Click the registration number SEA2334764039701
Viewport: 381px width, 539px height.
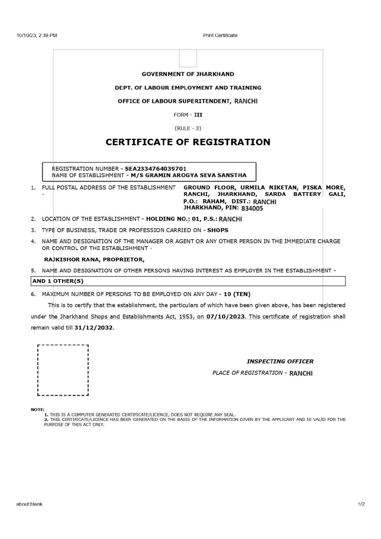tap(155, 169)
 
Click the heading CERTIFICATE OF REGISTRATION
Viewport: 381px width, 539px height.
tap(188, 142)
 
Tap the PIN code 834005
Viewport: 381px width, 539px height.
tap(252, 208)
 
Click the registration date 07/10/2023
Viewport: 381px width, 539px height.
tap(226, 317)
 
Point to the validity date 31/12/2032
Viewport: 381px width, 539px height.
tap(93, 328)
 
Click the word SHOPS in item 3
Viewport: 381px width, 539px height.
tap(218, 230)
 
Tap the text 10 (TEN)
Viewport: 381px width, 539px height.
tap(237, 294)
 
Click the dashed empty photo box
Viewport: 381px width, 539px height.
tap(63, 370)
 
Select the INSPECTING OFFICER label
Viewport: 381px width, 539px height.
tap(280, 361)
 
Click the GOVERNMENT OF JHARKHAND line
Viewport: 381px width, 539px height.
tap(188, 74)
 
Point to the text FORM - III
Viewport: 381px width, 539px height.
tap(188, 115)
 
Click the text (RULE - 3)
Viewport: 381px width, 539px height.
tap(188, 128)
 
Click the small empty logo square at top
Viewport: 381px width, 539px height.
tap(188, 58)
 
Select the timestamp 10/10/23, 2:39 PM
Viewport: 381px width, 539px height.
tap(37, 35)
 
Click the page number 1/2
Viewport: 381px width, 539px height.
tap(361, 504)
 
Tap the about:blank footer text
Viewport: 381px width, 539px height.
tap(29, 504)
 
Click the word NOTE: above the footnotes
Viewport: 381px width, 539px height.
tap(37, 409)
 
